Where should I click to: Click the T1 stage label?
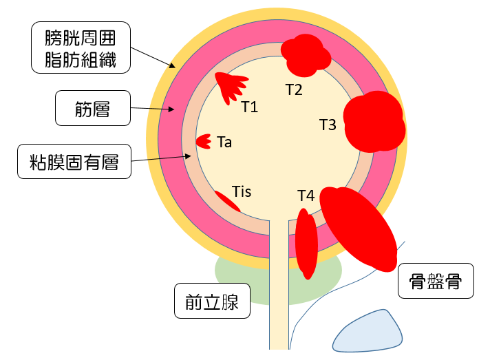tap(249, 107)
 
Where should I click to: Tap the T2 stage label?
tap(294, 89)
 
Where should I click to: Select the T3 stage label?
tap(328, 125)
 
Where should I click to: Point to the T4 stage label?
tap(306, 196)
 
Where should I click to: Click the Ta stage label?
tap(224, 142)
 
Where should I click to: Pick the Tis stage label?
tap(242, 191)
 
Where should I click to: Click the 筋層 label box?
tap(92, 108)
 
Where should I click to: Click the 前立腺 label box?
tap(212, 301)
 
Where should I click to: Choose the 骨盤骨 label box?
tap(436, 281)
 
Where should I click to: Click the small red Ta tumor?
tap(203, 142)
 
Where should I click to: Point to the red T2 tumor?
tap(304, 55)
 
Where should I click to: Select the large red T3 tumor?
tap(373, 122)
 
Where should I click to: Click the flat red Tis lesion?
tap(226, 201)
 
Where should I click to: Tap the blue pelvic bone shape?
tap(367, 331)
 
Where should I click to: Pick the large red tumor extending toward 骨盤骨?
tap(359, 228)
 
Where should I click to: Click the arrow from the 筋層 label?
tap(151, 108)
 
